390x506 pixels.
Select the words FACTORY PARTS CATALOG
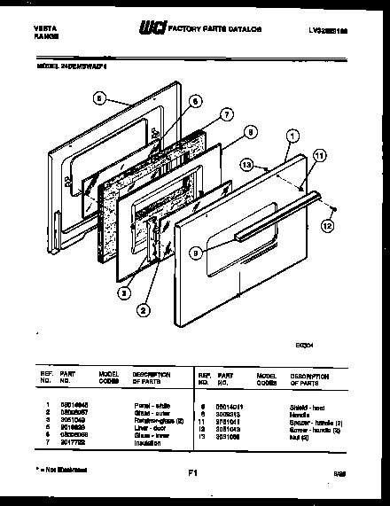tap(218, 30)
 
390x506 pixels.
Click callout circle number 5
tap(99, 99)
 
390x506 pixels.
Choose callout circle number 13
tap(246, 165)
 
